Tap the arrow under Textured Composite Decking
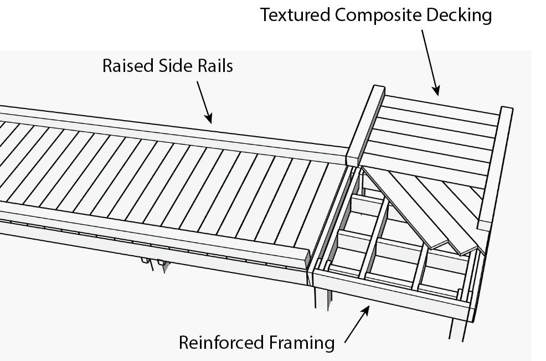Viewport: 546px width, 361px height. click(430, 61)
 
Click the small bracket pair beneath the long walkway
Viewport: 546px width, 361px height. click(154, 263)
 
